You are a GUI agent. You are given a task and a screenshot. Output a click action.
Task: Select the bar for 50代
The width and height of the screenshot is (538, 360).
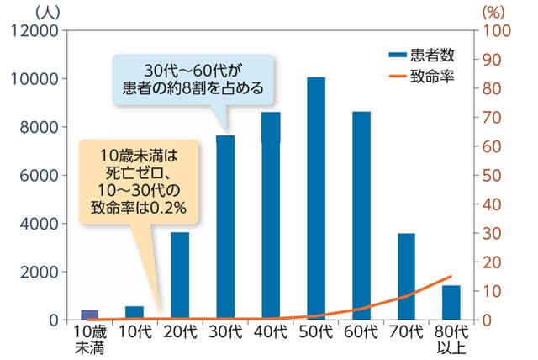(x=316, y=199)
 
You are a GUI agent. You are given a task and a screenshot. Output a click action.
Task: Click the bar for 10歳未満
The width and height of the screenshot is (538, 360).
(x=89, y=315)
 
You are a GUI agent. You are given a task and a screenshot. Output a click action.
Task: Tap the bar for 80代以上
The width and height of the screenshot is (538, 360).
(x=451, y=303)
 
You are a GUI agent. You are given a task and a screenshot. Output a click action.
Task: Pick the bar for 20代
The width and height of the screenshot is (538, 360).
(x=180, y=276)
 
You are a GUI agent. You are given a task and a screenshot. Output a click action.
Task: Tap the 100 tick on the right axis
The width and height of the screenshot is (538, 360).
(x=495, y=31)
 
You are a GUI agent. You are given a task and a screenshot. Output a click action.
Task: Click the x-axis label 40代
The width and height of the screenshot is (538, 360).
(x=271, y=332)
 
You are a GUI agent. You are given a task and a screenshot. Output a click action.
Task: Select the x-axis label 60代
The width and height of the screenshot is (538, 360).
(x=361, y=332)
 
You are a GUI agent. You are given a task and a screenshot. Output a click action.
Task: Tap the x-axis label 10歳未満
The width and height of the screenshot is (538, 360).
(x=89, y=339)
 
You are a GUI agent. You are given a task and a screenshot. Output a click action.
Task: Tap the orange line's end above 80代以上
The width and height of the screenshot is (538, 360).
(x=451, y=276)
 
